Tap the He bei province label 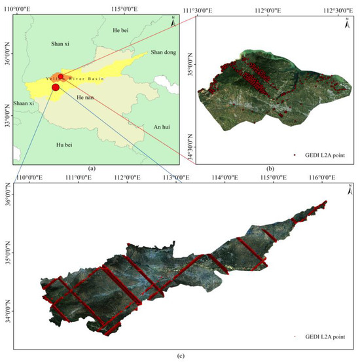click(x=120, y=30)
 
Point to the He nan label click(x=85, y=97)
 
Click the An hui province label click(x=161, y=126)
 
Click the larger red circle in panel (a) click(x=56, y=87)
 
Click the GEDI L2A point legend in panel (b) click(x=319, y=155)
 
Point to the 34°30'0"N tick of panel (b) click(x=190, y=145)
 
